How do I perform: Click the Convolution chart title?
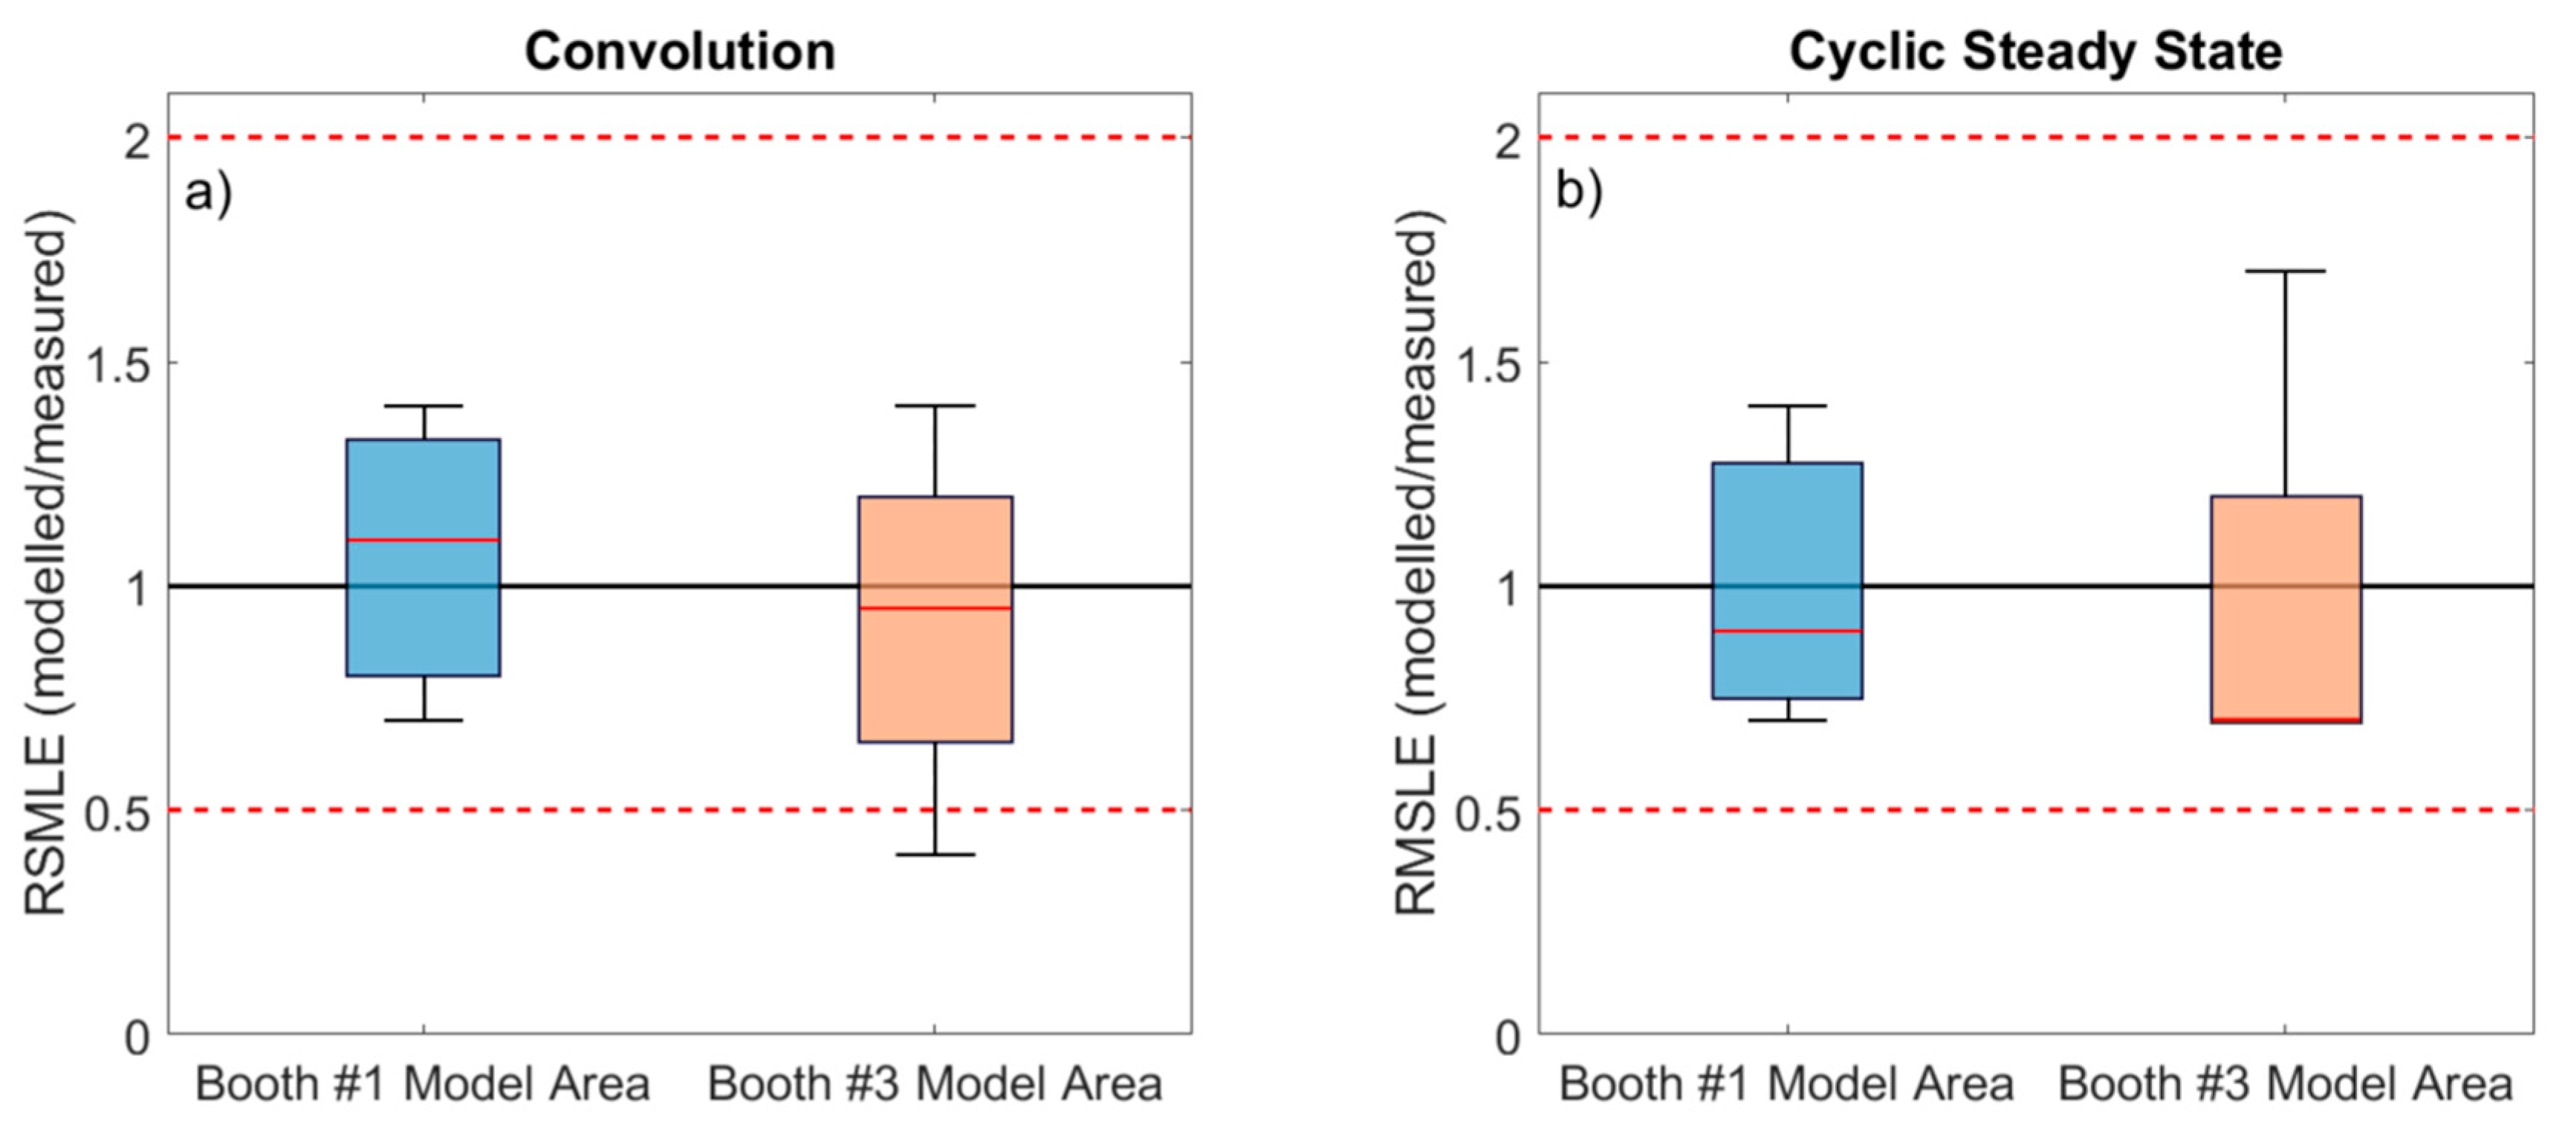pyautogui.click(x=680, y=52)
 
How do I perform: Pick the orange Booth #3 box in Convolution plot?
pyautogui.click(x=935, y=678)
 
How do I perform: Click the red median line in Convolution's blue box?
pyautogui.click(x=423, y=540)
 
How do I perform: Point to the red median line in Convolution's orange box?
pyautogui.click(x=935, y=608)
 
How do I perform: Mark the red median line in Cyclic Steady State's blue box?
pyautogui.click(x=1786, y=631)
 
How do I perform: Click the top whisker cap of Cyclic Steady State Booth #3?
pyautogui.click(x=2285, y=270)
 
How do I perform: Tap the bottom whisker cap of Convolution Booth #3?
pyautogui.click(x=935, y=854)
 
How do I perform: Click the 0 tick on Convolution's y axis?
pyautogui.click(x=138, y=1038)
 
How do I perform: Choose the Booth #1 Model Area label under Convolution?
pyautogui.click(x=423, y=1084)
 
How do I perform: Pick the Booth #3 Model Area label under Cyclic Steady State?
pyautogui.click(x=2285, y=1084)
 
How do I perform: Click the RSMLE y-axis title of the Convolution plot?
pyautogui.click(x=46, y=564)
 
